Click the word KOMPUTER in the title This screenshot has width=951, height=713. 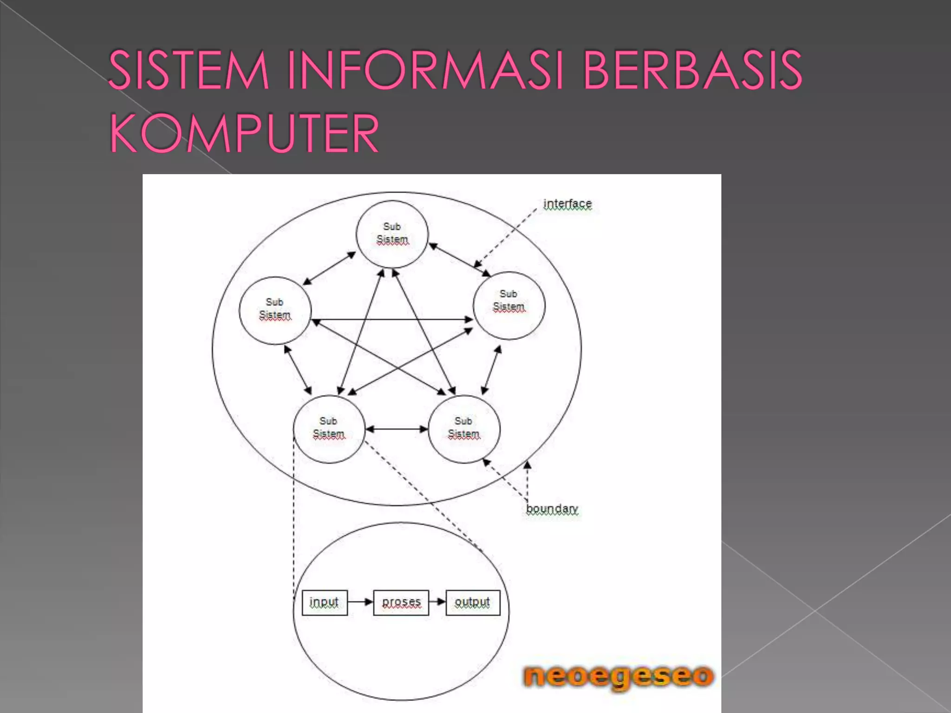244,134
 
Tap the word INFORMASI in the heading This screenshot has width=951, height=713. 425,71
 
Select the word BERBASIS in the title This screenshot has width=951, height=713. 692,71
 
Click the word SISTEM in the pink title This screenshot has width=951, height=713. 189,71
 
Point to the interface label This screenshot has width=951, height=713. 567,204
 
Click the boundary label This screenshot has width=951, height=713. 552,509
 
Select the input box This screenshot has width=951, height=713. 324,603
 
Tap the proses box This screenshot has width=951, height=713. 401,603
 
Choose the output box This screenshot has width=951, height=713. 473,603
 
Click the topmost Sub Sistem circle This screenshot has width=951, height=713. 392,234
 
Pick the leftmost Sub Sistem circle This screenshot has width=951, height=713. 275,310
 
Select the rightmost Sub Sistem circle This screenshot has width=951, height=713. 509,305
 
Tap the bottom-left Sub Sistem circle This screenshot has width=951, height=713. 329,428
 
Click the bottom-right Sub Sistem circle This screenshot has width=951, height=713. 464,428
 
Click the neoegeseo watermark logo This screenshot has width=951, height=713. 619,676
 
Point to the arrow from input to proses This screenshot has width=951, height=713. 360,602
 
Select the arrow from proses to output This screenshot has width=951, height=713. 437,602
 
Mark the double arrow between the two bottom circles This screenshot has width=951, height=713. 397,429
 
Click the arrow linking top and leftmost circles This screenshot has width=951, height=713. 329,268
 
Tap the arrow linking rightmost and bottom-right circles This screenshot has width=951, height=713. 491,370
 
